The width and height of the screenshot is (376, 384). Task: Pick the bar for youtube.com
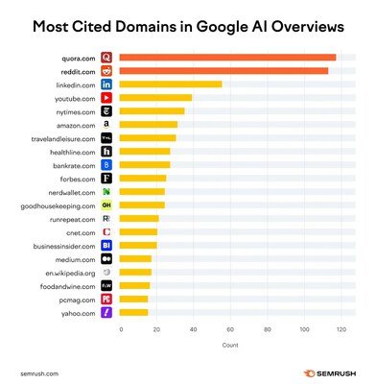[x=156, y=98]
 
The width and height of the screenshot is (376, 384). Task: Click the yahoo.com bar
[x=134, y=312]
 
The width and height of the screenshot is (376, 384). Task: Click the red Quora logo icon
[x=106, y=58]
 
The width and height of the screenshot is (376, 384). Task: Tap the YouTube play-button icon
[x=106, y=98]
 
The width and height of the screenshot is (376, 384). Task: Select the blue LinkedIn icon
[x=106, y=84]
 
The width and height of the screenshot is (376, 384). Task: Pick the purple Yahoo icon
[x=106, y=312]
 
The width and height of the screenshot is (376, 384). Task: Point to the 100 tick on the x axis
[x=305, y=329]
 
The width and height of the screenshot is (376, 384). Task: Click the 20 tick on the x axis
[x=157, y=329]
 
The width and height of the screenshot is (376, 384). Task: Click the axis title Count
[x=230, y=344]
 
